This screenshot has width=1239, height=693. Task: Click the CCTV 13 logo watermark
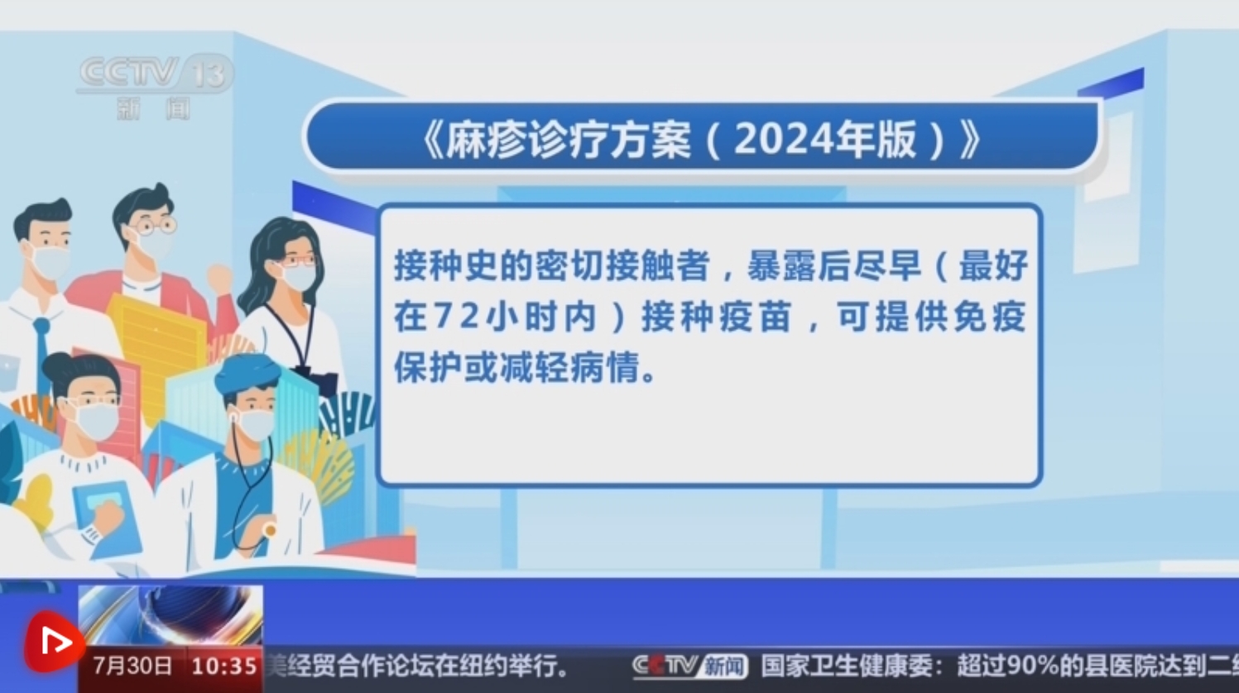click(156, 86)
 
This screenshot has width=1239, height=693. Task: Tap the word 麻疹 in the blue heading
click(482, 139)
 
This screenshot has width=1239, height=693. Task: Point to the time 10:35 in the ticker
click(224, 666)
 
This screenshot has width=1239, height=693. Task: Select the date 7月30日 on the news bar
click(132, 666)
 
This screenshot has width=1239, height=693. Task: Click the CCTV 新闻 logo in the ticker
click(689, 666)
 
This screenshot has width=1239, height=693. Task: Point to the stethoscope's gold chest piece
click(269, 530)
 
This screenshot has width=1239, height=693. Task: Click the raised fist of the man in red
click(219, 276)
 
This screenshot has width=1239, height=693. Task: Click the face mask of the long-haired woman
click(298, 275)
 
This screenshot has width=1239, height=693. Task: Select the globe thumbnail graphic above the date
click(170, 614)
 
